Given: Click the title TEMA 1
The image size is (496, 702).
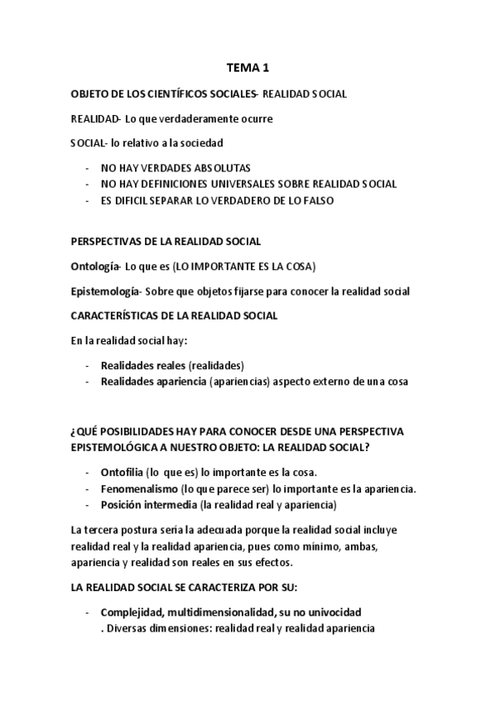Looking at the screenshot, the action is point(248,69).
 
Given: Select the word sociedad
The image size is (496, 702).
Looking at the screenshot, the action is point(199,142).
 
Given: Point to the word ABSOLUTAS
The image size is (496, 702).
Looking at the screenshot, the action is point(214,167).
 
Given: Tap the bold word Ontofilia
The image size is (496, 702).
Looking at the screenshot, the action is point(123,472).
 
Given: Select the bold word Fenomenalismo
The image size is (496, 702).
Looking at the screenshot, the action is point(138,488).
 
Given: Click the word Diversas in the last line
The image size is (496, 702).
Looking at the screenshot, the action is point(128,628).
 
